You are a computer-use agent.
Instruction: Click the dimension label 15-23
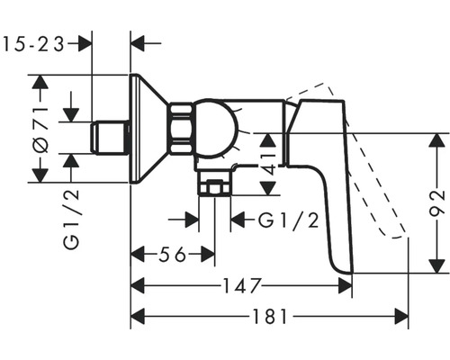(35, 42)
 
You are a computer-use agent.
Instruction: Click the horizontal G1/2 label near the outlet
(288, 220)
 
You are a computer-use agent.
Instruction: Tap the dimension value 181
(267, 316)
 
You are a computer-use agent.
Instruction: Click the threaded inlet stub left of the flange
(109, 139)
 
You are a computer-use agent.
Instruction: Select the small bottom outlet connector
(214, 189)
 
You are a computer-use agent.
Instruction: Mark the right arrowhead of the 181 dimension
(403, 316)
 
